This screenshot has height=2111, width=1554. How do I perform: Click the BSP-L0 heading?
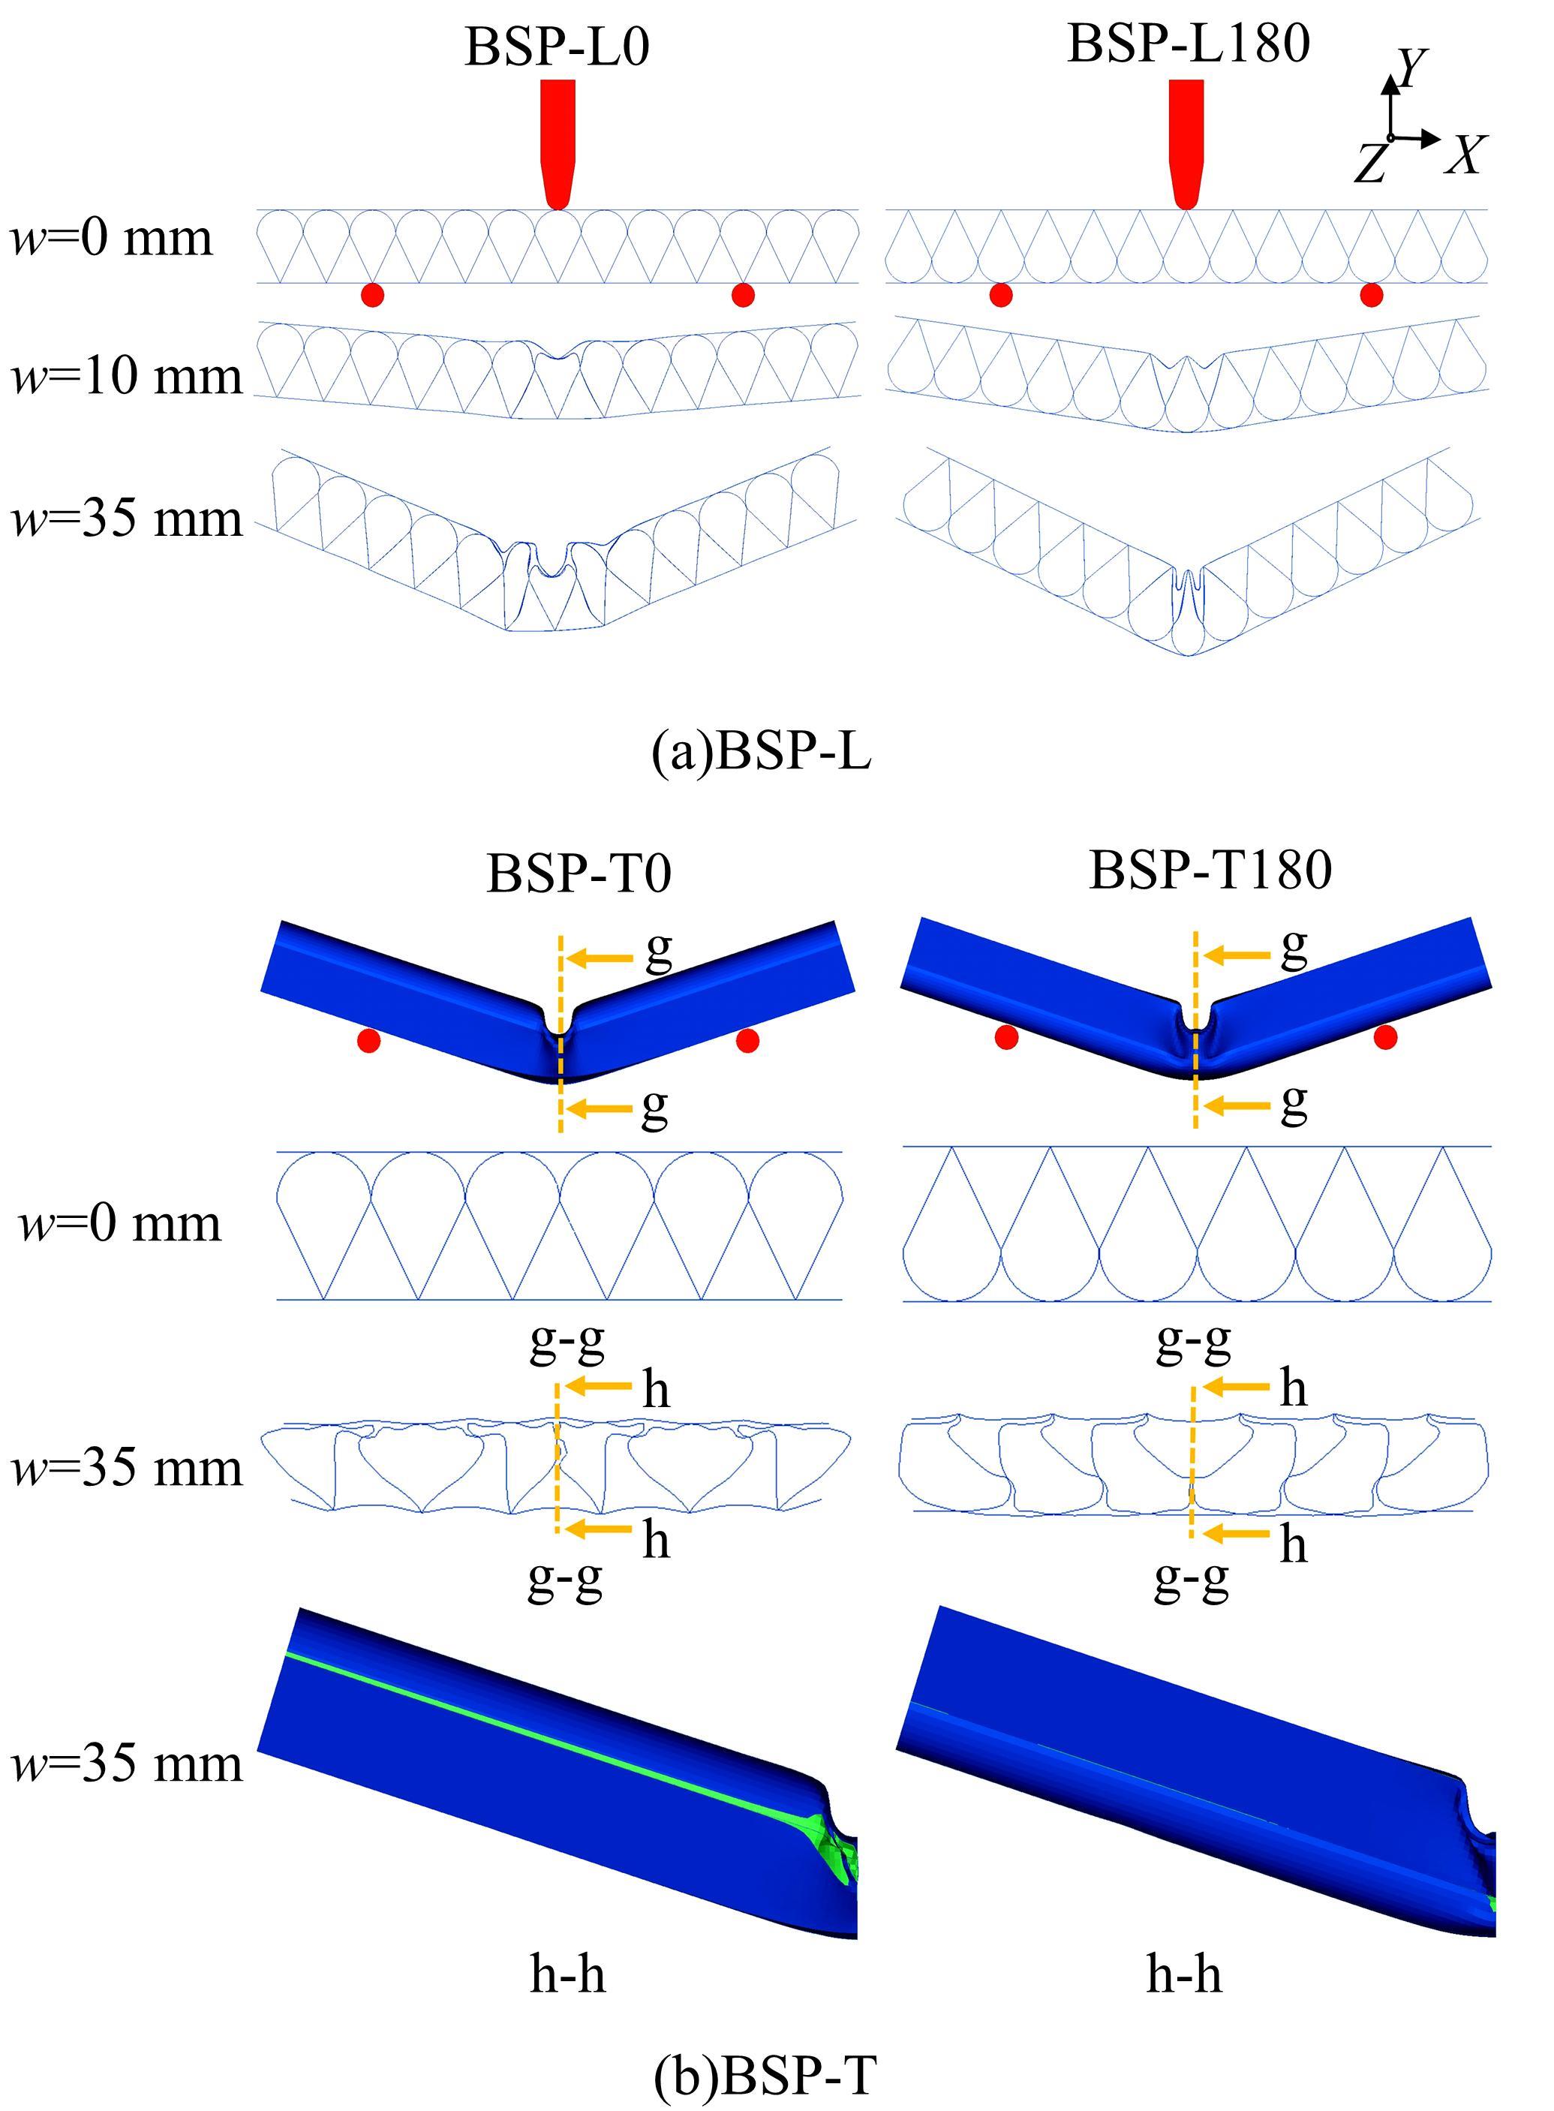557,47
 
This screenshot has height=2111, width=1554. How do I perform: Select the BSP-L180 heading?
1188,44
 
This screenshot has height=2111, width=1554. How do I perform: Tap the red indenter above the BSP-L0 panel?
557,141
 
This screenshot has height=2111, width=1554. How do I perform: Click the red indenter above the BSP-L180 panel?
1186,141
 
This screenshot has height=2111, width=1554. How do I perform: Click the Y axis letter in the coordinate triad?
1411,68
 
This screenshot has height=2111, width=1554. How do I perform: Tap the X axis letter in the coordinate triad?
1465,155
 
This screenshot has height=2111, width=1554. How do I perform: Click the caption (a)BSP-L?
761,753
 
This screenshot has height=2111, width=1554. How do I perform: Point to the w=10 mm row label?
127,376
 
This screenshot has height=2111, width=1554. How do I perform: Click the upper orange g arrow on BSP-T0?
601,958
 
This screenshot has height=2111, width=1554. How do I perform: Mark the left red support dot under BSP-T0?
368,1040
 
